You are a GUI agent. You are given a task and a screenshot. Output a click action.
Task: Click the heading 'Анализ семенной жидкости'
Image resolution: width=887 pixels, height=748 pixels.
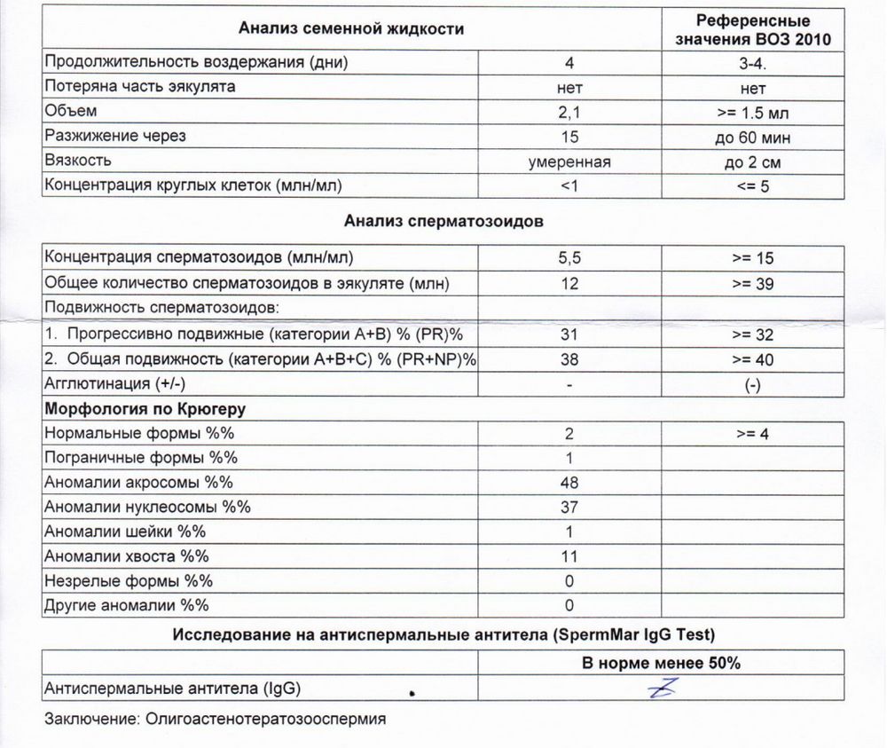[x=351, y=28]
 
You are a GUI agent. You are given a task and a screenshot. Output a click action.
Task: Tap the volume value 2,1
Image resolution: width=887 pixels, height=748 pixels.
[x=570, y=113]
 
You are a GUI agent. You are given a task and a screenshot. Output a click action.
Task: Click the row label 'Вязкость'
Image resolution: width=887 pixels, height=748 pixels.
[x=78, y=161]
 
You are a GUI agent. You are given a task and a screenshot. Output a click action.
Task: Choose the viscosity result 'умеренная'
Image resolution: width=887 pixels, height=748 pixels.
[x=570, y=162]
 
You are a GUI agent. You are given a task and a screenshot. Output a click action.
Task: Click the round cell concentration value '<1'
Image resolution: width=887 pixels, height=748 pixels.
[x=570, y=186]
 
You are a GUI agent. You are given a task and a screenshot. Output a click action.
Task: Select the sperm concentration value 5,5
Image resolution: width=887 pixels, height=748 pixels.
[x=570, y=259]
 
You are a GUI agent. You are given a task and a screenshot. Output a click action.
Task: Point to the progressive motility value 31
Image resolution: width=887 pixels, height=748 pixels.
[x=570, y=334]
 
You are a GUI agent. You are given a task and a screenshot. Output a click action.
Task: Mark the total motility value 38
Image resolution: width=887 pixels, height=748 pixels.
[x=570, y=358]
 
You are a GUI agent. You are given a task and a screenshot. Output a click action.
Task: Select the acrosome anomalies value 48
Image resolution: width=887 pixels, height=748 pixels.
[x=570, y=483]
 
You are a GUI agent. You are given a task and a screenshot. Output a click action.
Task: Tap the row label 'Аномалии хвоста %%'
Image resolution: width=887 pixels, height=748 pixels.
[x=125, y=556]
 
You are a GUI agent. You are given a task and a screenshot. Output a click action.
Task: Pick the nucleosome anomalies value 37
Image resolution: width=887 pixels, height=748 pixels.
[x=570, y=508]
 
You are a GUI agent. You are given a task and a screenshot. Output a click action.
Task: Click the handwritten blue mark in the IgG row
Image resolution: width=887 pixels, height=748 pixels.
[x=664, y=687]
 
